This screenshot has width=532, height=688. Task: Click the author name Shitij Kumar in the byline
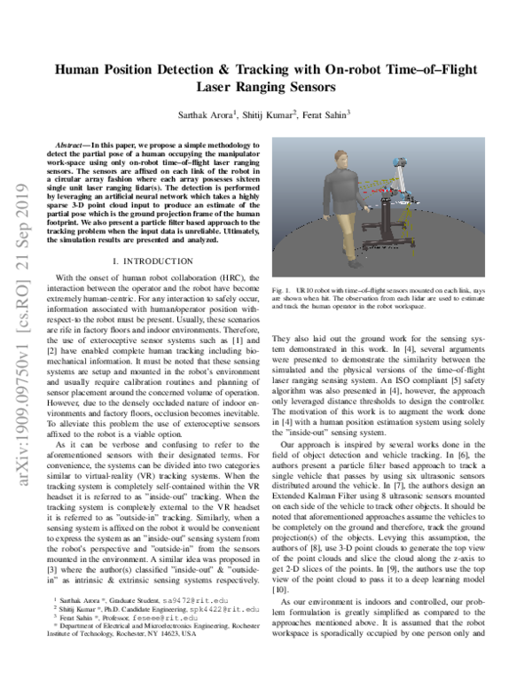pyautogui.click(x=260, y=113)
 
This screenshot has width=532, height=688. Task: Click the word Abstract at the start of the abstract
pyautogui.click(x=75, y=143)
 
